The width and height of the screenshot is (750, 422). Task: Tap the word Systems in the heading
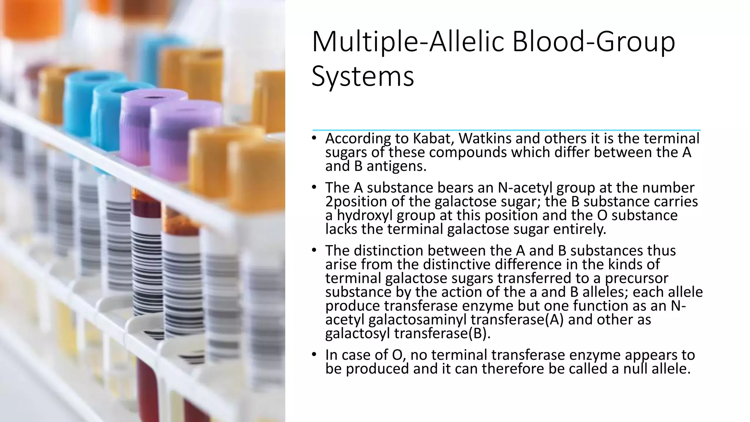[363, 77]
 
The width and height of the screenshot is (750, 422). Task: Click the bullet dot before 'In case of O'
[314, 355]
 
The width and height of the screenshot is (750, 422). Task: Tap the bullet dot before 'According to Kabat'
[314, 138]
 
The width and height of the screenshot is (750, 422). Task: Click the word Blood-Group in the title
[593, 42]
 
